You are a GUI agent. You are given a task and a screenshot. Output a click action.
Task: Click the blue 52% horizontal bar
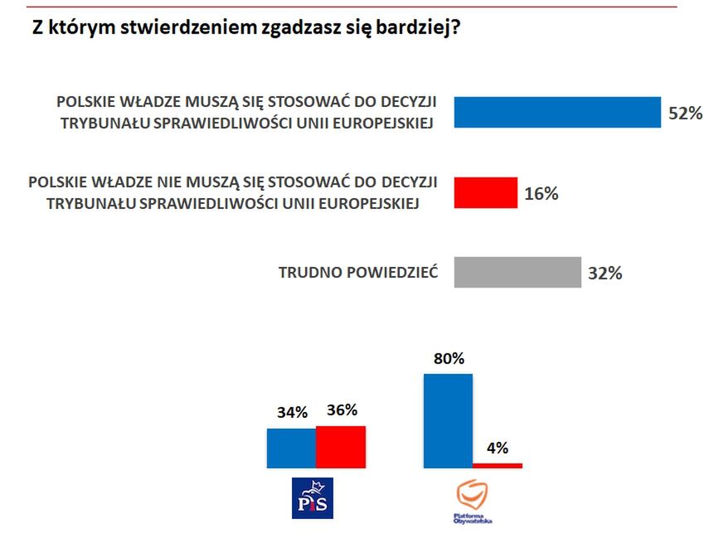tap(557, 112)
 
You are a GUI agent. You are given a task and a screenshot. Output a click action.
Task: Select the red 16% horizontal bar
tap(486, 192)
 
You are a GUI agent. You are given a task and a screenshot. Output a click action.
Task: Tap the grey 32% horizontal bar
tap(518, 272)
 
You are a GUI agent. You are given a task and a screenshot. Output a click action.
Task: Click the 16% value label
tap(541, 194)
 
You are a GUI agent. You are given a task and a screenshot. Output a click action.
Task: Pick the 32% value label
tap(605, 273)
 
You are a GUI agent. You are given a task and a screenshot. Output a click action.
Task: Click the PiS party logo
tap(312, 498)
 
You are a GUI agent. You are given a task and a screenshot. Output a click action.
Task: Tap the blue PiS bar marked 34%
tap(291, 448)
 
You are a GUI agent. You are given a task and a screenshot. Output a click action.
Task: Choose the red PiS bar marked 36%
tap(341, 447)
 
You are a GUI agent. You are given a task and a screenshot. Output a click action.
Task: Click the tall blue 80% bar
tap(448, 420)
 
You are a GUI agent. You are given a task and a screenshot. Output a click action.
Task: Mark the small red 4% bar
tap(498, 465)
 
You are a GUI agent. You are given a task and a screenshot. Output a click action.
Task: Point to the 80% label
tap(449, 360)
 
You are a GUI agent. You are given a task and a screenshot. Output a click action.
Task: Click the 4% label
tap(497, 448)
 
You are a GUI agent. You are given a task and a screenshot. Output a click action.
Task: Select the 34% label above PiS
tap(292, 412)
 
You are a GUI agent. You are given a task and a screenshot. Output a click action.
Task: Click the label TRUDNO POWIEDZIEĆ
tap(358, 270)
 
